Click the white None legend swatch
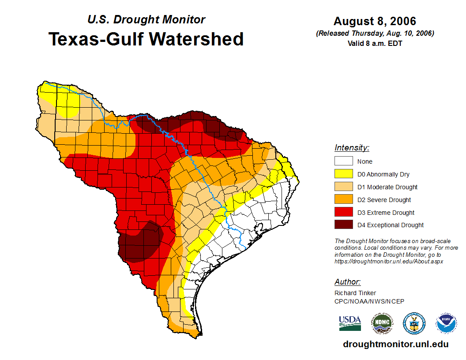(343, 161)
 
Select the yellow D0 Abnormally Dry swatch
(343, 174)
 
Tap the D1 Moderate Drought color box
(343, 187)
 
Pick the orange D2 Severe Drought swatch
(343, 200)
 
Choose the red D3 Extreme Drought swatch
(343, 212)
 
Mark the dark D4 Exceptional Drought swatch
(343, 225)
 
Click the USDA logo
(350, 323)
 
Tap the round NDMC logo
(382, 324)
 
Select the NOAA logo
(446, 324)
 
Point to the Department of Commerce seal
(414, 324)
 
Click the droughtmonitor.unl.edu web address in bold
(395, 345)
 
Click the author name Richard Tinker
(355, 293)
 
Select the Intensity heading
(352, 148)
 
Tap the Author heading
(347, 282)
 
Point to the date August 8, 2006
(375, 21)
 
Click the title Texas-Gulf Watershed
(146, 39)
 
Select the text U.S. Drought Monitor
(146, 19)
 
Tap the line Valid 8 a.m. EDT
(375, 43)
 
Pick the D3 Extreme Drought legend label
(386, 213)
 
